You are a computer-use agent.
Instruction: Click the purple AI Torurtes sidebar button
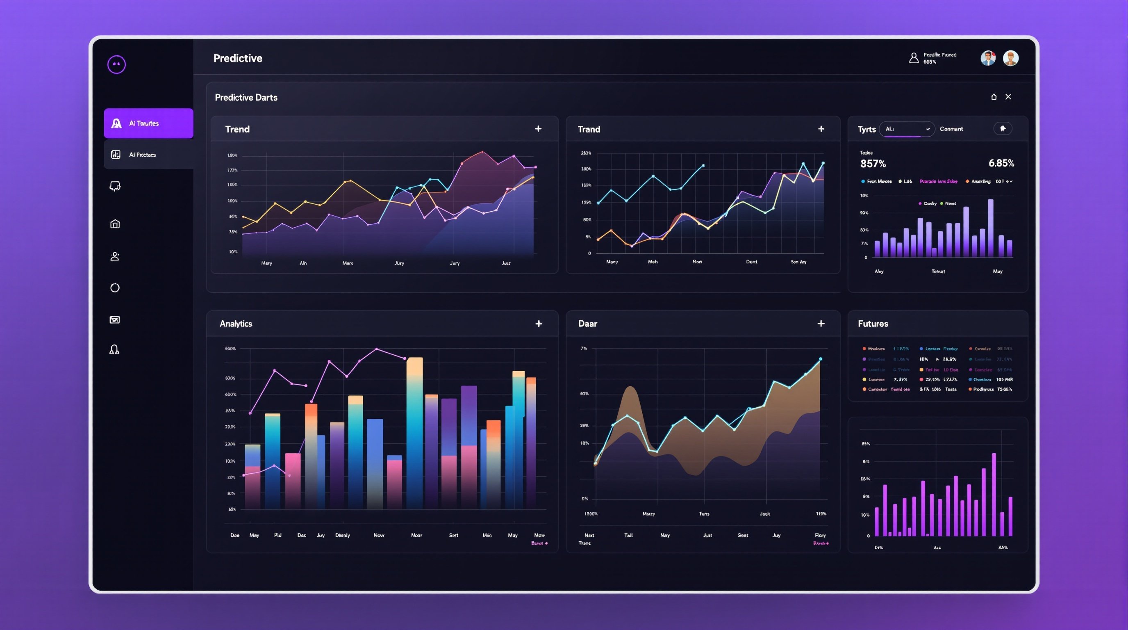point(148,123)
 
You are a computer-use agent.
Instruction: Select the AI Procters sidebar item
point(148,155)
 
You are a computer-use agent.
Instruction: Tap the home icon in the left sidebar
point(115,224)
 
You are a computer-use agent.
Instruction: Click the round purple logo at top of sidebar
point(116,64)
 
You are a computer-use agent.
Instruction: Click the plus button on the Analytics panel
point(539,324)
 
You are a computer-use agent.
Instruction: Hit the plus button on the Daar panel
point(821,324)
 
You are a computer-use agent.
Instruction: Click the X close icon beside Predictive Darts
point(1008,97)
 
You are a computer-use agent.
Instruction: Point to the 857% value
point(873,164)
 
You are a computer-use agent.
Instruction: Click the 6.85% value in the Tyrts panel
point(1001,163)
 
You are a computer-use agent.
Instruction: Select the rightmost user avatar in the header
point(1011,58)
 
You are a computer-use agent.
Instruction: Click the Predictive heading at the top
point(238,58)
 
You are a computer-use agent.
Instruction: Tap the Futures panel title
point(873,324)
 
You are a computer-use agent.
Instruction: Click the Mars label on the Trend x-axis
point(348,263)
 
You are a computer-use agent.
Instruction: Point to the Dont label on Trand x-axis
point(751,262)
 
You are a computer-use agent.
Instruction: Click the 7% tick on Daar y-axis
point(584,349)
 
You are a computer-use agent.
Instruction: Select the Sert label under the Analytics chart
point(454,535)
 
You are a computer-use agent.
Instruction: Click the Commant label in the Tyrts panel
point(951,129)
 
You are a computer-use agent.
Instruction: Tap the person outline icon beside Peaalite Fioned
point(914,58)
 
